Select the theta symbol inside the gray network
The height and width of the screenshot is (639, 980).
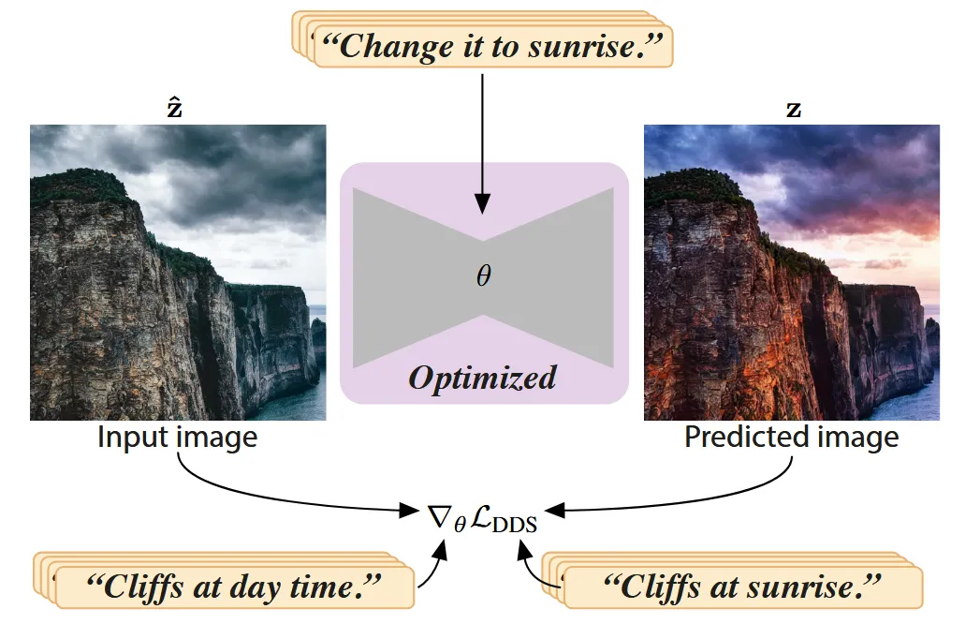483,276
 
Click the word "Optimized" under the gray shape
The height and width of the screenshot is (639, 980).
482,378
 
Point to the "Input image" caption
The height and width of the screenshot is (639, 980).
177,438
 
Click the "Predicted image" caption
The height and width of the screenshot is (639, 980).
791,438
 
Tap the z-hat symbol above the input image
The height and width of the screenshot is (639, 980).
174,108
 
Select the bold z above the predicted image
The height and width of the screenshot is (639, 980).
794,110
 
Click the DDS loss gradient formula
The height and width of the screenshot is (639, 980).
481,516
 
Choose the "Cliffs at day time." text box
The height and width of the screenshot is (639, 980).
234,587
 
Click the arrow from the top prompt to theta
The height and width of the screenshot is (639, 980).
482,141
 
